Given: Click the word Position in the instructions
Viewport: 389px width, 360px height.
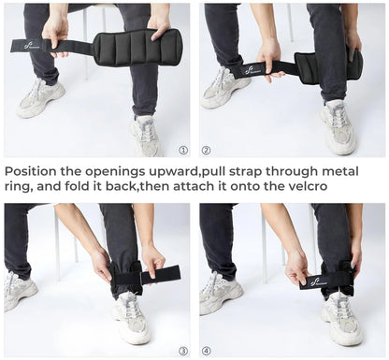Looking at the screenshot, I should (33, 171).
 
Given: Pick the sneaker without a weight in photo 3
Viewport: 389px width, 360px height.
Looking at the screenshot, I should (21, 290).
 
